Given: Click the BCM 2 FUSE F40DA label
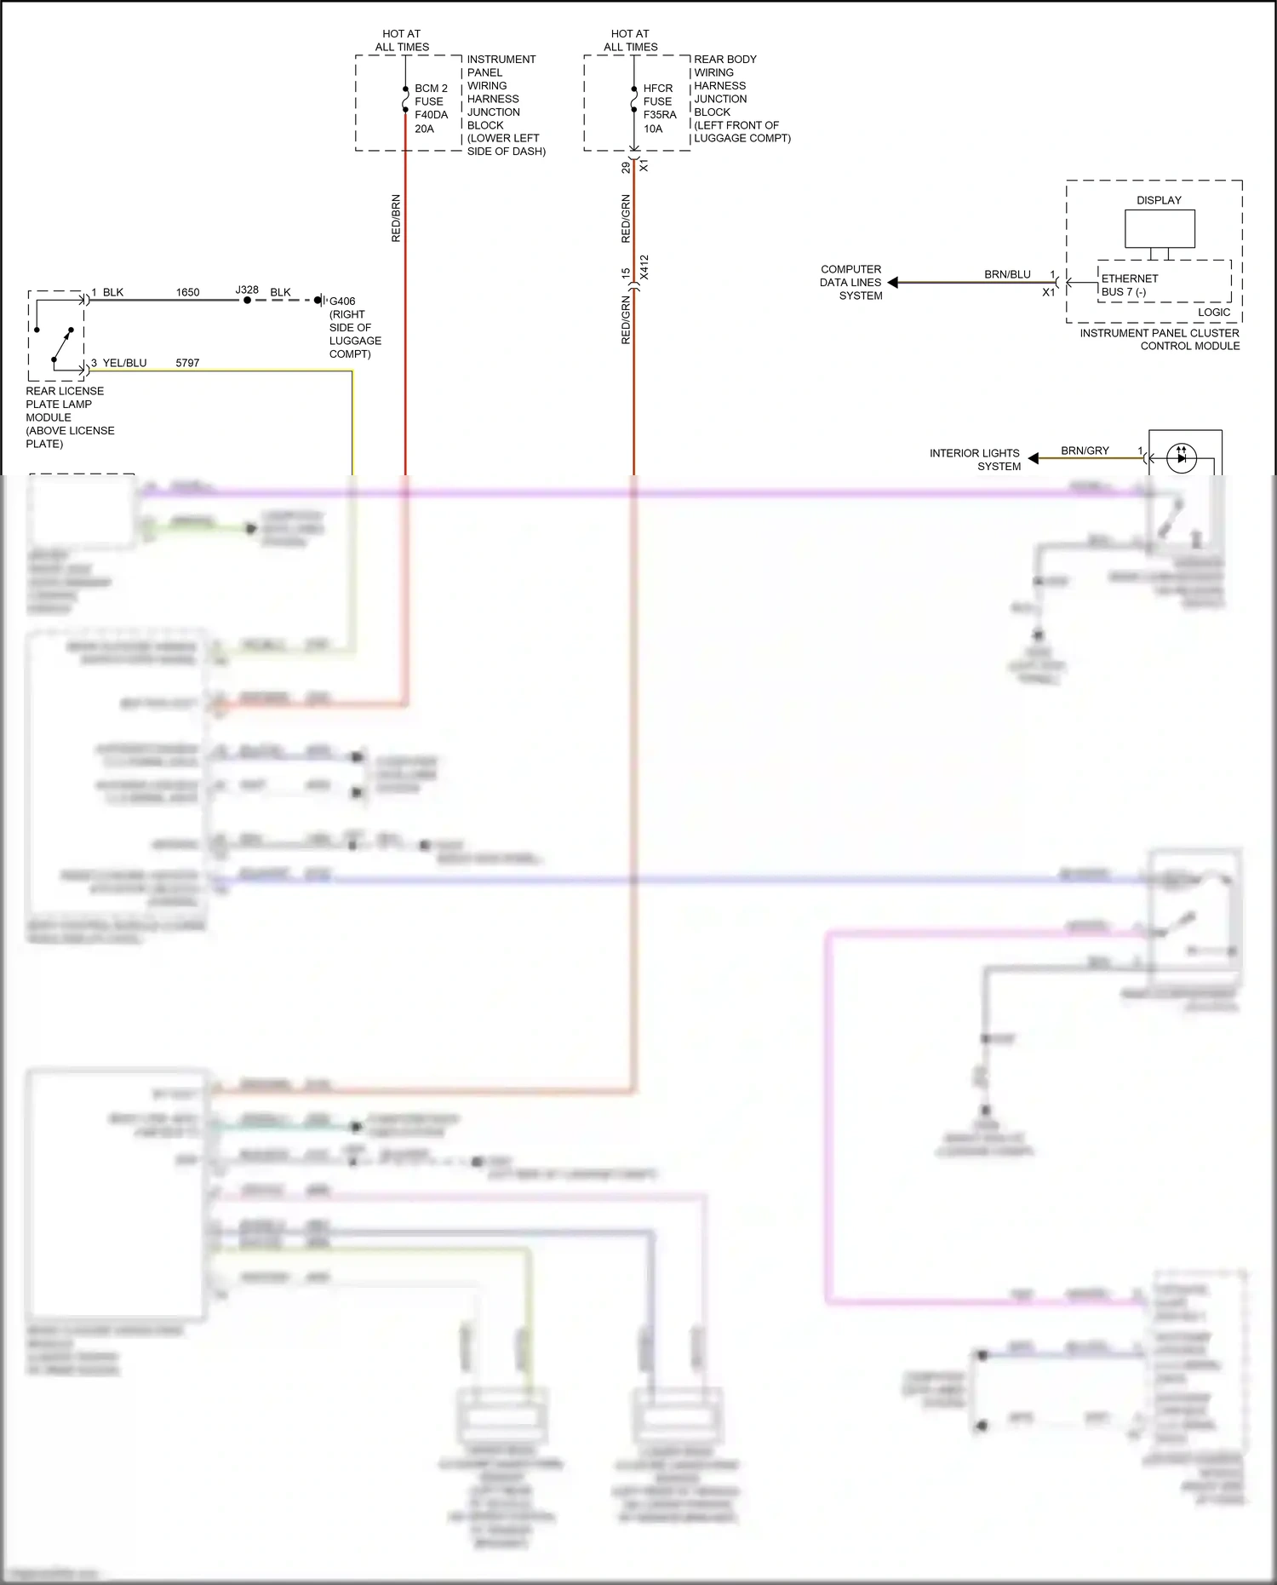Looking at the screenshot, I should [x=431, y=108].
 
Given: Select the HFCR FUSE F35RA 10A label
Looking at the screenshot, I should [x=659, y=108].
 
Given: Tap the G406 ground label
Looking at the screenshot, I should [x=342, y=301].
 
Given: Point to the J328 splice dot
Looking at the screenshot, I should [x=247, y=300].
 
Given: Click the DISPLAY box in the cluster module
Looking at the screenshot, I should [x=1160, y=228].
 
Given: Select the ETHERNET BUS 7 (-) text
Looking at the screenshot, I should [x=1129, y=285].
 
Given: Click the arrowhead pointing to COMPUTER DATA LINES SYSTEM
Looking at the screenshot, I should [x=893, y=283].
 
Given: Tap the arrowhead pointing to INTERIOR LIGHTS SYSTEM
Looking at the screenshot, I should [x=1034, y=458].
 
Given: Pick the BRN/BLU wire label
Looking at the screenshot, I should [x=1007, y=274].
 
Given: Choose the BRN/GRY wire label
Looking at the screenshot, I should [x=1085, y=451].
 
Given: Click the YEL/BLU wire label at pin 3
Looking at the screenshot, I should [x=124, y=363].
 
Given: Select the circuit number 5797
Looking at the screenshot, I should [x=187, y=363].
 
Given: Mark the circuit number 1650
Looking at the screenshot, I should [x=187, y=292].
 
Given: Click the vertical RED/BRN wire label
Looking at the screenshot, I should [x=396, y=218].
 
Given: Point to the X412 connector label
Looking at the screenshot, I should [x=644, y=267].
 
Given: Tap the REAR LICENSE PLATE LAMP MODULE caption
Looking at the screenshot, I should [x=68, y=417].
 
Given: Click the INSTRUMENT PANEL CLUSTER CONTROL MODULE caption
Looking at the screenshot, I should [x=1160, y=340].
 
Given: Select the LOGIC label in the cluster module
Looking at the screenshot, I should [x=1213, y=313].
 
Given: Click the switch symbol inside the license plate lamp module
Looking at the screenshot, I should [x=60, y=344].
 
